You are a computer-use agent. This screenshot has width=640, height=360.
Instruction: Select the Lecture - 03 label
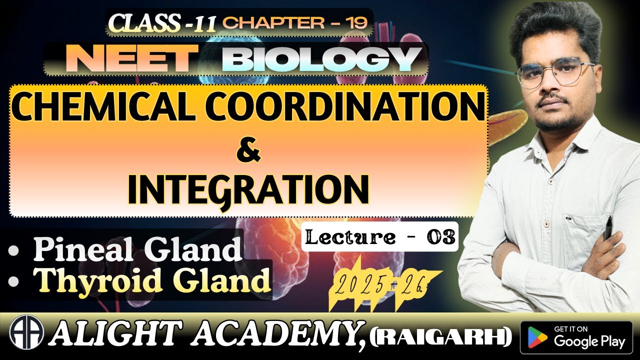coord(379,236)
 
